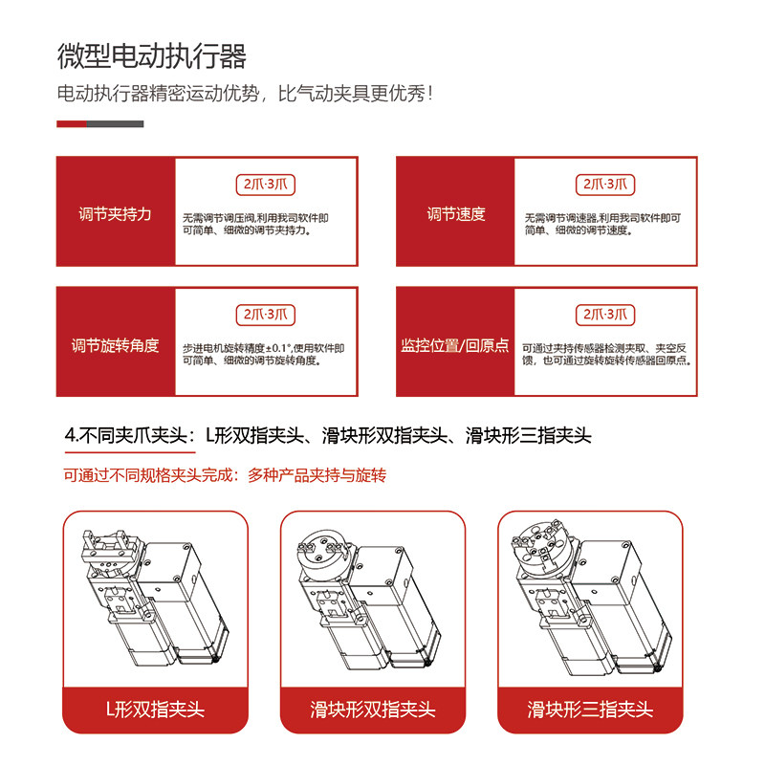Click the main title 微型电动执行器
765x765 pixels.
(x=151, y=55)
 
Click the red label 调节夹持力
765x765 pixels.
(x=115, y=213)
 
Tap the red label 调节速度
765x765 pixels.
(x=455, y=213)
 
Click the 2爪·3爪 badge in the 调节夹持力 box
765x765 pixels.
(x=267, y=185)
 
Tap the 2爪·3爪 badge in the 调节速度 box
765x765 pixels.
(x=606, y=185)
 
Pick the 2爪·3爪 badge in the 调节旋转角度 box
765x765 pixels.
(x=267, y=314)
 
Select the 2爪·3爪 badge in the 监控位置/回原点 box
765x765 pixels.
(x=606, y=314)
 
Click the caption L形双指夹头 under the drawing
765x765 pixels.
(x=155, y=710)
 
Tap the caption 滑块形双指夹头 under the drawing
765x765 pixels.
(x=373, y=710)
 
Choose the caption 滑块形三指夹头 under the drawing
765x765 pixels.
(x=590, y=710)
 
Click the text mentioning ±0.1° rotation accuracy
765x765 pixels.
(x=263, y=348)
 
